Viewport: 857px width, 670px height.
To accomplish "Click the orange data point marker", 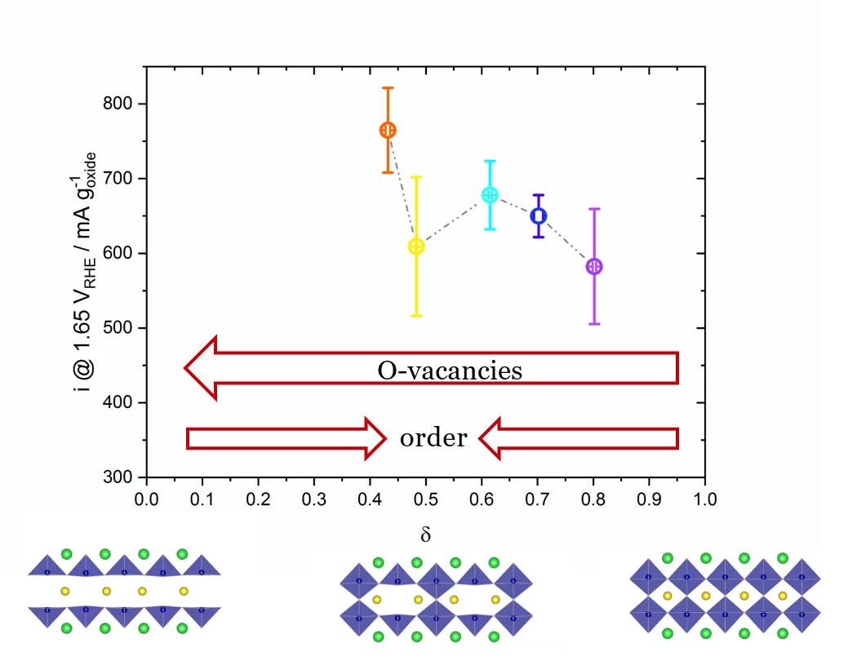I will (388, 131).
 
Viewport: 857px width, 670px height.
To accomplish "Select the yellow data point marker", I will (416, 246).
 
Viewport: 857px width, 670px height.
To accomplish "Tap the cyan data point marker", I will (490, 195).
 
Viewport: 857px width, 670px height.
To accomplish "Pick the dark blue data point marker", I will (538, 215).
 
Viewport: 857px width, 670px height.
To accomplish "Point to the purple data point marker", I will (594, 267).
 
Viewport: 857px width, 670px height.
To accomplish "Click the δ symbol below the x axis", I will (425, 535).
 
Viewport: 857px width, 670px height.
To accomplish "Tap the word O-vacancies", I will (449, 370).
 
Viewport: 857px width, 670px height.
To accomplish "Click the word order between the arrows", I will (433, 438).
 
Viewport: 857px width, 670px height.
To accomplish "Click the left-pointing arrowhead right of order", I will (491, 438).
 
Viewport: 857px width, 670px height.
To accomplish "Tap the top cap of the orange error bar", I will (388, 87).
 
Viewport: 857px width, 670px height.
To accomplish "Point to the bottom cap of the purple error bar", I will (594, 324).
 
